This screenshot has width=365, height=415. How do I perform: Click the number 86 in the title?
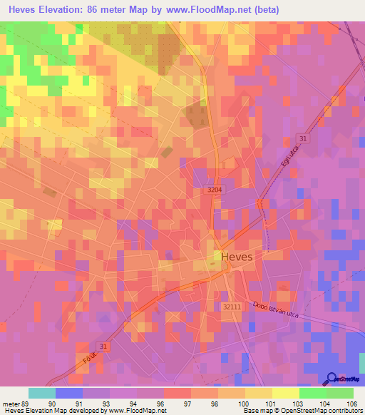pyautogui.click(x=109, y=10)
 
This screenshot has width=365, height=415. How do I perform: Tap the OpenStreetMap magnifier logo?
pyautogui.click(x=332, y=379)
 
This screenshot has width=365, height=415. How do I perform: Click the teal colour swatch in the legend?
pyautogui.click(x=42, y=393)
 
